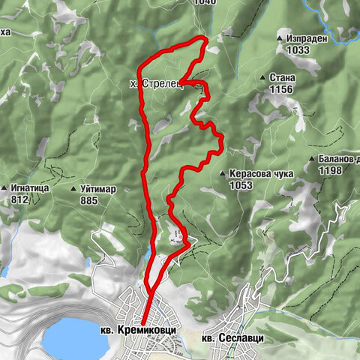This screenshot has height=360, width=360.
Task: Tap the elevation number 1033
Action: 298,49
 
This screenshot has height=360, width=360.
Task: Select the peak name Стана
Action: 284,77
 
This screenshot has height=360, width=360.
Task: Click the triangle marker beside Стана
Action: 262,77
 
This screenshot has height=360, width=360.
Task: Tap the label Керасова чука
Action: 261,173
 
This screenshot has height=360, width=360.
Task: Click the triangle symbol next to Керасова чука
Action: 223,173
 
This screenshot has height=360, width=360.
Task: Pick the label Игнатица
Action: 31,188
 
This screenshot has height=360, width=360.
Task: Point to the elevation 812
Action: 20,200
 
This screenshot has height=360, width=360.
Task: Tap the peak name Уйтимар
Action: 97,189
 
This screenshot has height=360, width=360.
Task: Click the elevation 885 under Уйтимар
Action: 89,201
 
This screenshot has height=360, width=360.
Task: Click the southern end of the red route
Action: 142,323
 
